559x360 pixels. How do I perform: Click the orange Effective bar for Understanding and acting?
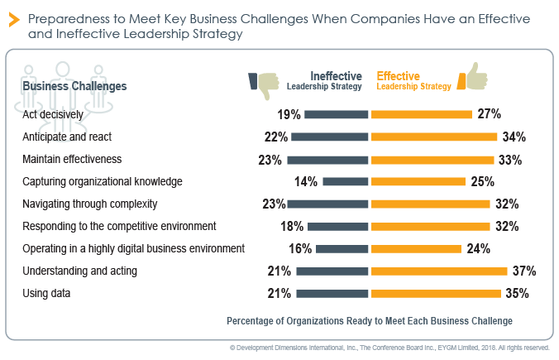point(438,271)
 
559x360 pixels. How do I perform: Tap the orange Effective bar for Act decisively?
point(421,114)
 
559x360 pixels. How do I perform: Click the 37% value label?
point(524,271)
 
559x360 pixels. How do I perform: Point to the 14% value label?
point(303,181)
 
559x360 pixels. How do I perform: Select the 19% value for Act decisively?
point(289,114)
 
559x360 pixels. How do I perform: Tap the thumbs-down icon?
point(264,80)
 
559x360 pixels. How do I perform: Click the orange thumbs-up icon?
point(477,76)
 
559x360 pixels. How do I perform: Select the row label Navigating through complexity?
point(90,204)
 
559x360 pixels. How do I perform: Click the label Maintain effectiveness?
point(72,159)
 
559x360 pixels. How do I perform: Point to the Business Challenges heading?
point(74,85)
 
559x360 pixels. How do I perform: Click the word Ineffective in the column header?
point(336,75)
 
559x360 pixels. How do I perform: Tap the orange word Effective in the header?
point(398,75)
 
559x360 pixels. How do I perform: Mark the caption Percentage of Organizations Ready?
point(369,320)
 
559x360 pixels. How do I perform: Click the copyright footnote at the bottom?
point(389,348)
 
